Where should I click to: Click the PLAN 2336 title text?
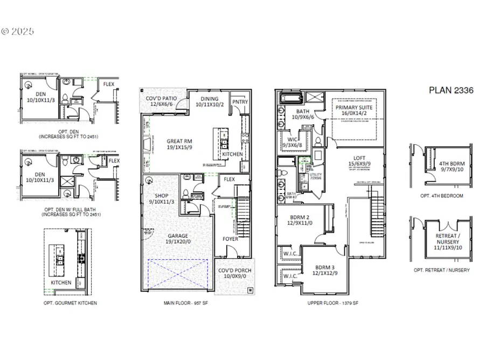click(x=451, y=90)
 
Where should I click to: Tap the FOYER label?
click(x=230, y=238)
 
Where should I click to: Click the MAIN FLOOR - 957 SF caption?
click(x=194, y=303)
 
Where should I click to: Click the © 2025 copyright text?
click(x=17, y=32)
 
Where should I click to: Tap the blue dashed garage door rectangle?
click(x=177, y=275)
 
